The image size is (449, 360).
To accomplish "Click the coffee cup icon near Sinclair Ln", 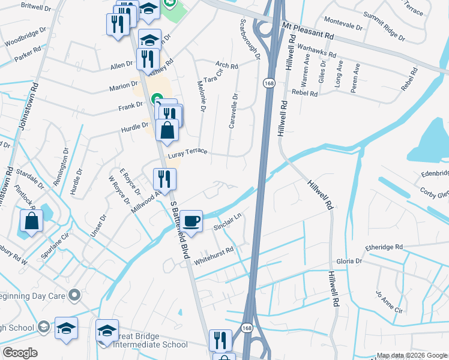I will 191,221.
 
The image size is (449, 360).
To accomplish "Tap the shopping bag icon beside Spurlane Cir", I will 31,221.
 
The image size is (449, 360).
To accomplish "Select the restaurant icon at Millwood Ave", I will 164,178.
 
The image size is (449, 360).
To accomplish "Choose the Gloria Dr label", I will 349,262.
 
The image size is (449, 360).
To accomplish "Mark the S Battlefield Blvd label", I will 179,230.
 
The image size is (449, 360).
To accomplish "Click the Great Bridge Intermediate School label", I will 147,340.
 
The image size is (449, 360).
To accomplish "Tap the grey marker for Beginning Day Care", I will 75,295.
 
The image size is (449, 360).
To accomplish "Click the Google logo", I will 19,353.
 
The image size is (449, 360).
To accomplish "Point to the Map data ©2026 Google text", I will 412,355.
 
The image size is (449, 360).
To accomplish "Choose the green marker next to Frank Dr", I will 156,98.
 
